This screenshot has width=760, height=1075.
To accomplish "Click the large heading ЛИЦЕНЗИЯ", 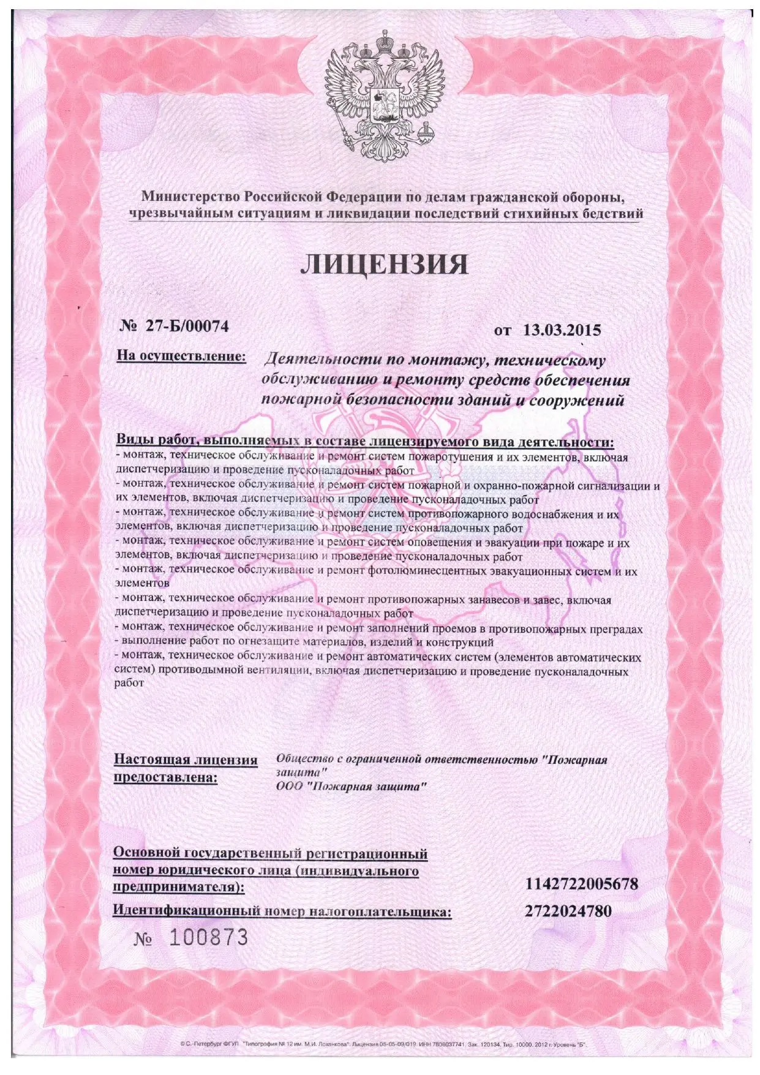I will click(384, 264).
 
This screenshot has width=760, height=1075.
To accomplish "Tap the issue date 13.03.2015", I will click(562, 330).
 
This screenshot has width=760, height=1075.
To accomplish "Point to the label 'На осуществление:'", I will click(181, 355).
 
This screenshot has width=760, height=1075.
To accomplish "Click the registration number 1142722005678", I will click(581, 884).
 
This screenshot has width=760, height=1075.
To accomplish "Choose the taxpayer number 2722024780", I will click(568, 911).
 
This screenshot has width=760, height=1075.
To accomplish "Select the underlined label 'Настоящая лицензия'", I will click(186, 760).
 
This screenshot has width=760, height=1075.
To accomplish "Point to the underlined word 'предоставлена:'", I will click(165, 778).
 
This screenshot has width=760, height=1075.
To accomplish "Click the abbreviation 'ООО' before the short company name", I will click(290, 786).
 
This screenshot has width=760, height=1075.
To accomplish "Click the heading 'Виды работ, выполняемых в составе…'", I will click(364, 442).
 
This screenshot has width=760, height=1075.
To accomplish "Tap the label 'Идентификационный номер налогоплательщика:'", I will click(282, 911).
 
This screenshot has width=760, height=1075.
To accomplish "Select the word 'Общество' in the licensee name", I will click(301, 760).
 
